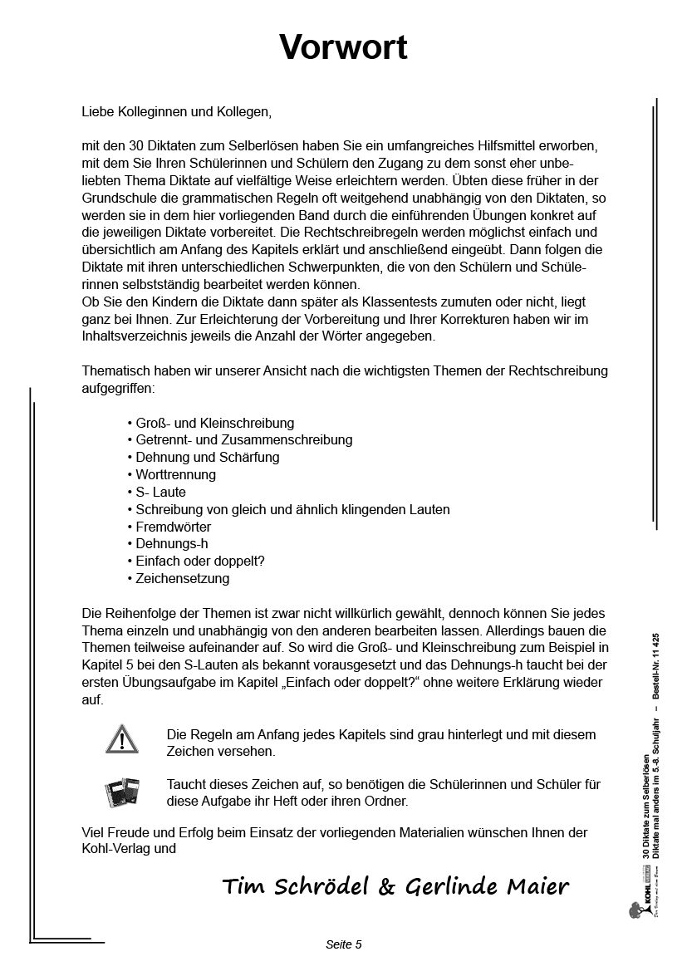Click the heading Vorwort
pyautogui.click(x=343, y=47)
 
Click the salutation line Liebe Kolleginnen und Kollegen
pyautogui.click(x=176, y=110)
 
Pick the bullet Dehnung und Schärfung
pyautogui.click(x=207, y=458)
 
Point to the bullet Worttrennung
pyautogui.click(x=175, y=475)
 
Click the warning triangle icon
pyautogui.click(x=122, y=738)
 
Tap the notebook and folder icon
pyautogui.click(x=122, y=792)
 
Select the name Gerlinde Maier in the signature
pyautogui.click(x=487, y=887)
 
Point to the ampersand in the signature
pyautogui.click(x=386, y=887)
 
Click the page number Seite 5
pyautogui.click(x=343, y=944)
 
